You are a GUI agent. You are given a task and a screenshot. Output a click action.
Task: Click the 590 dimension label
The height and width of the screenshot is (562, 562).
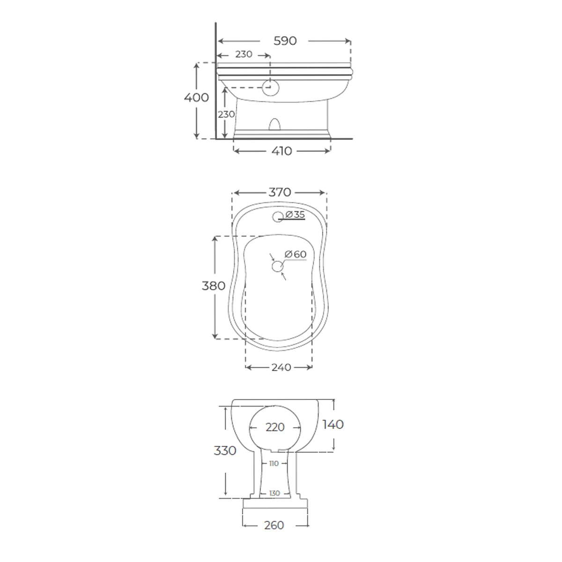click(x=285, y=41)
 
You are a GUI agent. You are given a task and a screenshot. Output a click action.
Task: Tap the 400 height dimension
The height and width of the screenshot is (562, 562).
click(x=196, y=97)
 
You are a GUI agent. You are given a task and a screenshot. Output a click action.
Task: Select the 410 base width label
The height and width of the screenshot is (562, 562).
click(x=281, y=151)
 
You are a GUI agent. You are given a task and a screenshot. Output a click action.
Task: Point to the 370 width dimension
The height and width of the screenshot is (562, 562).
click(x=280, y=192)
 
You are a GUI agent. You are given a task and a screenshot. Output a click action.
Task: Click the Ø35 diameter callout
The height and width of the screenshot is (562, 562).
click(x=295, y=214)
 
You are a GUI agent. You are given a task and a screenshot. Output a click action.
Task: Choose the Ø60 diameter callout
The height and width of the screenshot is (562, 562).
click(x=296, y=254)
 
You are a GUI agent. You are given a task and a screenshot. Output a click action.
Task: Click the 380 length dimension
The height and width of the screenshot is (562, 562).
click(x=214, y=286)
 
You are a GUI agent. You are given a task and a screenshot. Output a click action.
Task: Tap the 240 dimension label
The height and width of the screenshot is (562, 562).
click(x=281, y=367)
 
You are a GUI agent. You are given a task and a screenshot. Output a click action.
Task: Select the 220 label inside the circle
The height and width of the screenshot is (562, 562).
click(x=275, y=427)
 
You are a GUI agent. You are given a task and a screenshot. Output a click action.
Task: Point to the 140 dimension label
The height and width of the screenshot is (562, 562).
click(x=333, y=424)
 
